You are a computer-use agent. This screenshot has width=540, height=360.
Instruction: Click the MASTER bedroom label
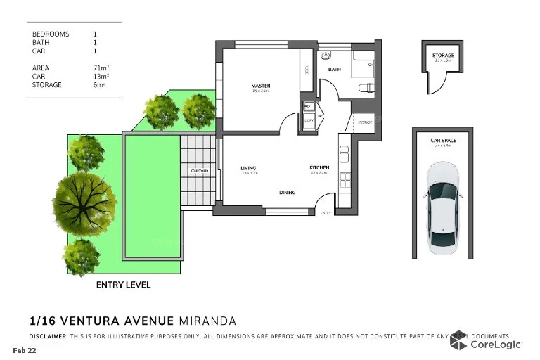click(x=260, y=86)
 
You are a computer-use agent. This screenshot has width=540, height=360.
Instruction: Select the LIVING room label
click(x=248, y=168)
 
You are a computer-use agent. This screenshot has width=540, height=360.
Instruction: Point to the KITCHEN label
click(x=319, y=167)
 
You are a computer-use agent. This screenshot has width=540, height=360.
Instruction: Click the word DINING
click(x=287, y=192)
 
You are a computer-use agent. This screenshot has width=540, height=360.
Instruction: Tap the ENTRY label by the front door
click(x=325, y=212)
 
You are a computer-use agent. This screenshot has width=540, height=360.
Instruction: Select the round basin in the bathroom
click(x=326, y=56)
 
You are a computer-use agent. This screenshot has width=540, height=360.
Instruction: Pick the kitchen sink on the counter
click(x=344, y=151)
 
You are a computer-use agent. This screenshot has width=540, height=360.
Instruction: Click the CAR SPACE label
click(x=444, y=141)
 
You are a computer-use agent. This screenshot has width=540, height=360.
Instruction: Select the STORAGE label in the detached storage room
click(x=443, y=56)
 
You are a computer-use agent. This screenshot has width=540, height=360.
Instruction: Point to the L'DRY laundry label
click(x=309, y=121)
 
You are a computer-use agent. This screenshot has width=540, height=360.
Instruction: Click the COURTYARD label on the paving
click(x=198, y=171)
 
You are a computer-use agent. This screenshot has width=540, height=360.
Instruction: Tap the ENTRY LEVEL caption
click(x=123, y=285)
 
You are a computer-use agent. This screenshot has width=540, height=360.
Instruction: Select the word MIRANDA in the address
click(x=208, y=321)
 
